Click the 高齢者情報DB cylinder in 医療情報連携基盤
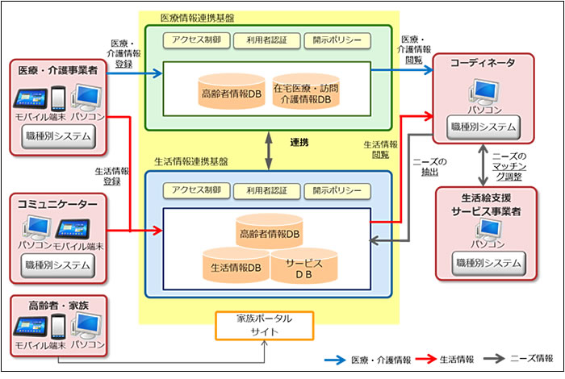232,94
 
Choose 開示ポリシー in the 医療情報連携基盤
337,40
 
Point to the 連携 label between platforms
299,143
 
